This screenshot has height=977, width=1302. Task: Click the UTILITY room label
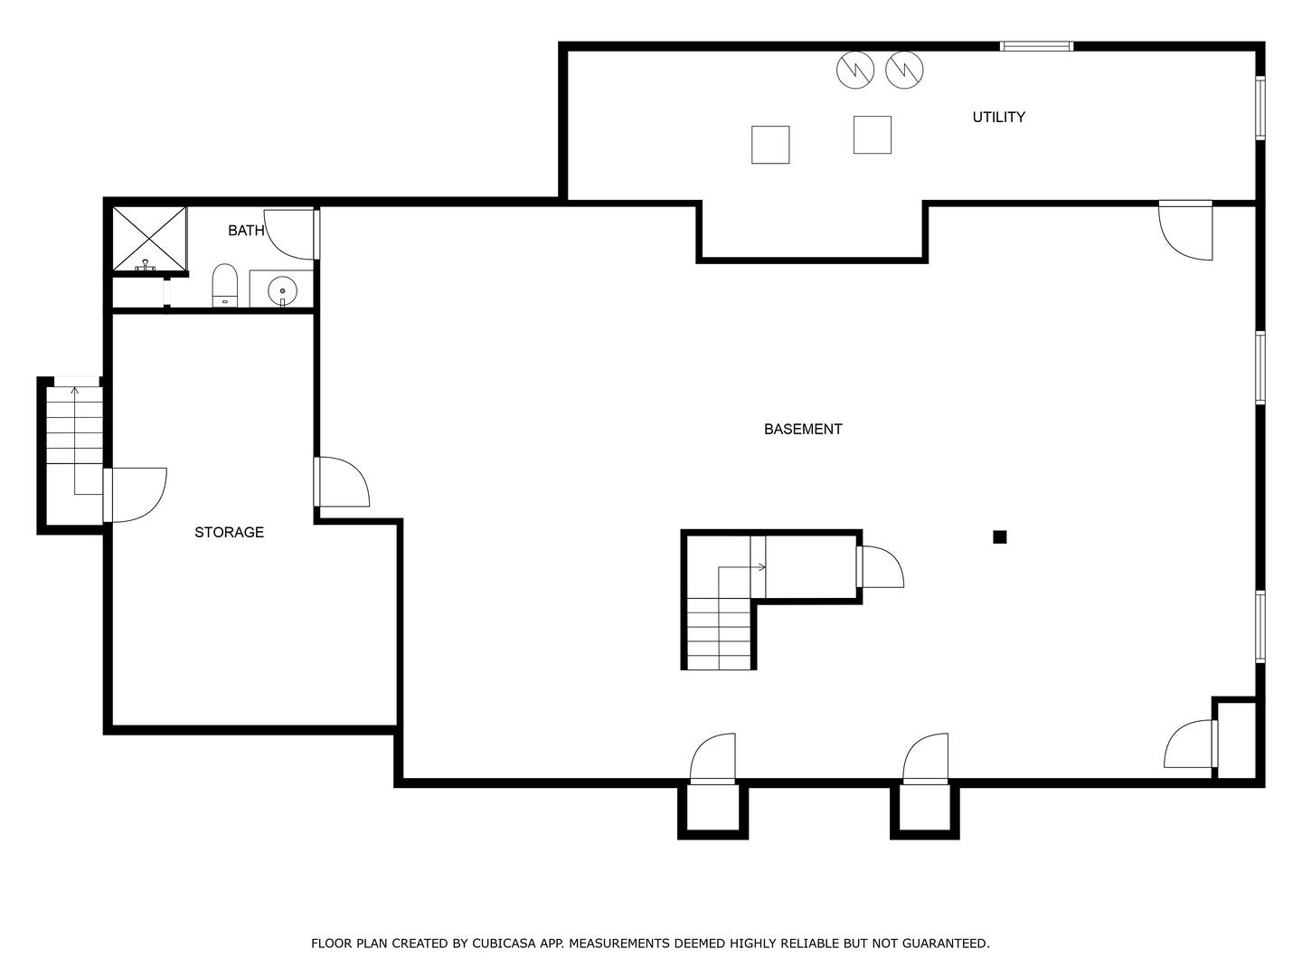(998, 117)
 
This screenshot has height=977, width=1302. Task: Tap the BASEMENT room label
(803, 429)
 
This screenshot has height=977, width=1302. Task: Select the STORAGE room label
(229, 532)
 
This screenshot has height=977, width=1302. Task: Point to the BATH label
(245, 231)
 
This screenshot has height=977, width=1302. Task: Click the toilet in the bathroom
(224, 285)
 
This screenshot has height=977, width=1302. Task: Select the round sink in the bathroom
(282, 290)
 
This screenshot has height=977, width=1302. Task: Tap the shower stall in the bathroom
(149, 239)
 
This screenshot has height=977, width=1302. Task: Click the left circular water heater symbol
(854, 70)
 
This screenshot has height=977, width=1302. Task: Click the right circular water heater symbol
(904, 70)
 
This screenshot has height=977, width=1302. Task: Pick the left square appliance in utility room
(770, 145)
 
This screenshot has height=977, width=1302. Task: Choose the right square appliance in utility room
(873, 135)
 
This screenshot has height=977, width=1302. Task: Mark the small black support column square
(999, 536)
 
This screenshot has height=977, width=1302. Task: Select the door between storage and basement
(342, 482)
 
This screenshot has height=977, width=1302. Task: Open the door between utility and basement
(1186, 231)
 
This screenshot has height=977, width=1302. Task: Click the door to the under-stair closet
(880, 567)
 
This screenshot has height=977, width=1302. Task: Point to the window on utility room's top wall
(1036, 46)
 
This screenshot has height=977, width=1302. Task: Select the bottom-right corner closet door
(1190, 745)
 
